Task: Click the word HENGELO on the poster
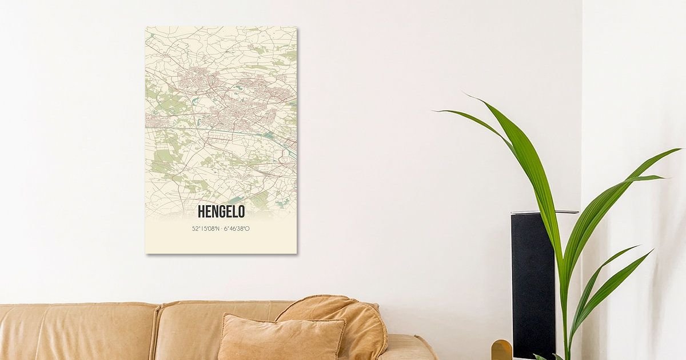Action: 221,211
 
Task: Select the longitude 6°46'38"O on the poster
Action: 236,229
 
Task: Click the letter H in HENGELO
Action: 201,211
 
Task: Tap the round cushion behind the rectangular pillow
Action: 343,320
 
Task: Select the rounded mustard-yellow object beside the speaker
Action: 501,350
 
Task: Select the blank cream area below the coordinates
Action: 221,243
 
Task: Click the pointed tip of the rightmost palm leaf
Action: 679,150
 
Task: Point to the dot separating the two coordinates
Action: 221,229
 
